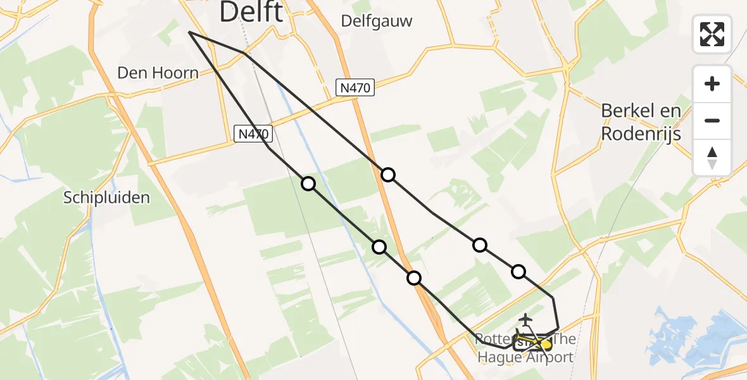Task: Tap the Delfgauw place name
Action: pos(376,21)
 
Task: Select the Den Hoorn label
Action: pos(158,73)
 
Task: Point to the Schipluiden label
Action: pos(107,198)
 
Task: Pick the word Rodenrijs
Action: pos(641,134)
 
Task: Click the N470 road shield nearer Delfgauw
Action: pos(356,87)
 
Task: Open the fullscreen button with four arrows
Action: pos(712,34)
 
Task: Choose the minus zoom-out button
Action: pos(712,120)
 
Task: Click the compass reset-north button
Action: pos(712,158)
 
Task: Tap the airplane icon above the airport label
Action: pos(525,320)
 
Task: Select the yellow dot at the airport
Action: pos(546,345)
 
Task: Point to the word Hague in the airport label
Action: pos(500,357)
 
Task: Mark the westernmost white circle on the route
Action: pos(308,184)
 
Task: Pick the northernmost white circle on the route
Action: pos(388,174)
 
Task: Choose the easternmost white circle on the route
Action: pos(518,272)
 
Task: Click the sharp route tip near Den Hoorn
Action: pos(189,32)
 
